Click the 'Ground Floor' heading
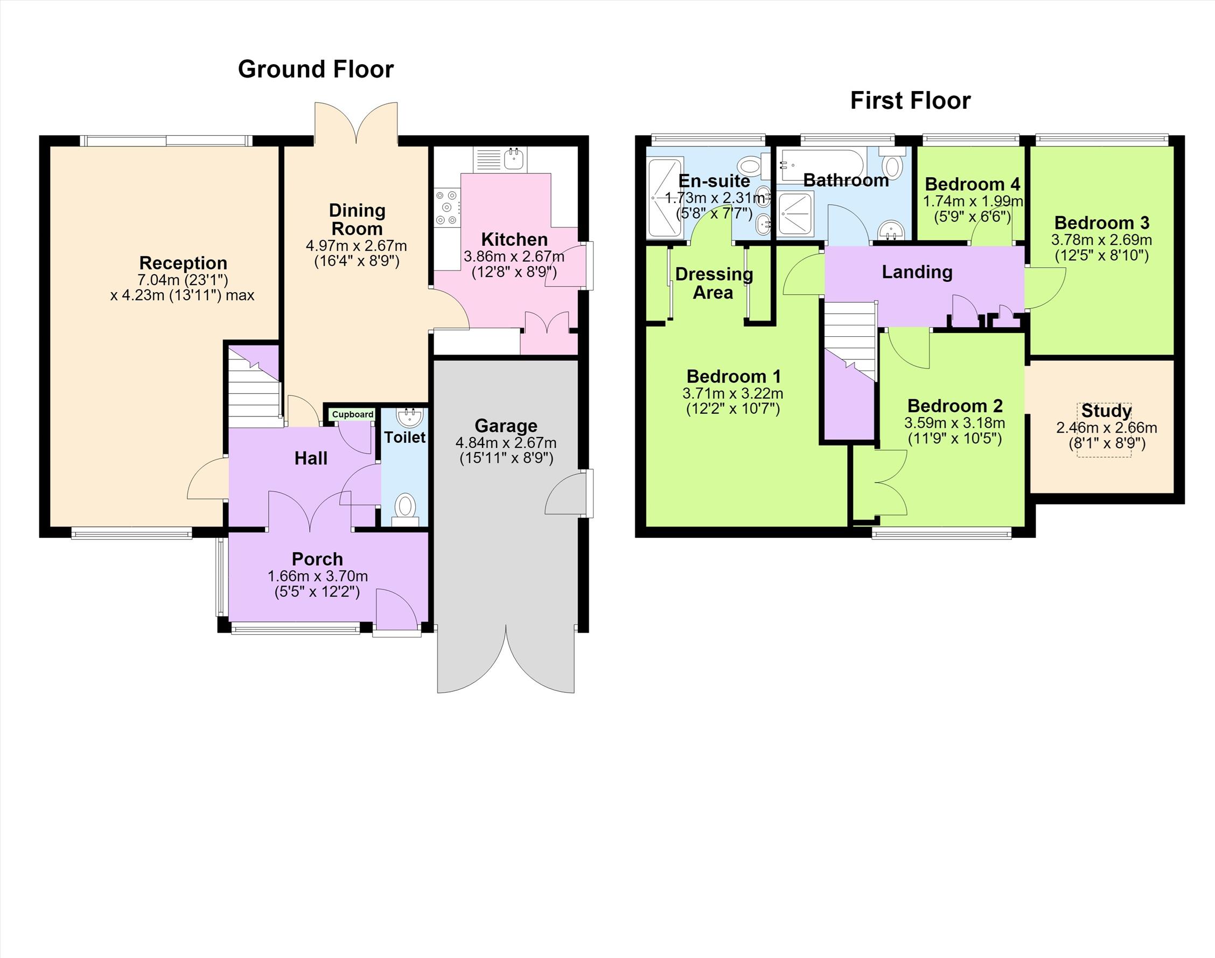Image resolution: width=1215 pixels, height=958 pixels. pyautogui.click(x=316, y=70)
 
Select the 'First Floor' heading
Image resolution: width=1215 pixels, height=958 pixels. pyautogui.click(x=910, y=101)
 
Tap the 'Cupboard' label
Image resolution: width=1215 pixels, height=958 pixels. pyautogui.click(x=353, y=414)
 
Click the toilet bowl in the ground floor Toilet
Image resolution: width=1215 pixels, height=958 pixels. pyautogui.click(x=404, y=509)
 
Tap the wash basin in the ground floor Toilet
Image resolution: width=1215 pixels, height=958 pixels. pyautogui.click(x=409, y=417)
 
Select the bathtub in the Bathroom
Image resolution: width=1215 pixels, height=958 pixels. pyautogui.click(x=821, y=165)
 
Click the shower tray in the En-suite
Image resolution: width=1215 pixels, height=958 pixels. pyautogui.click(x=666, y=197)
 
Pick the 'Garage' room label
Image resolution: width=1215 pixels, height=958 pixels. pyautogui.click(x=506, y=426)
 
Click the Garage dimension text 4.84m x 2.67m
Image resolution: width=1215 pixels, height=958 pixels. pyautogui.click(x=506, y=442)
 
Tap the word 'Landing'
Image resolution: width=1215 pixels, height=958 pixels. pyautogui.click(x=917, y=272)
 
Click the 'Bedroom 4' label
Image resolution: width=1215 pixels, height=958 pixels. pyautogui.click(x=972, y=184)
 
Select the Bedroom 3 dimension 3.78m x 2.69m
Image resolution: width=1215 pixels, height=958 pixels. pyautogui.click(x=1102, y=240)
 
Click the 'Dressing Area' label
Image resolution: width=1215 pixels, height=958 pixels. pyautogui.click(x=714, y=283)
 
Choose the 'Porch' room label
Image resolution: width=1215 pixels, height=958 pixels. pyautogui.click(x=317, y=559)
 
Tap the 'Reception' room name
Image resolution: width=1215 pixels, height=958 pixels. pyautogui.click(x=183, y=263)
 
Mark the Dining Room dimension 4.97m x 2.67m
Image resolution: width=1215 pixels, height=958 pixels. pyautogui.click(x=357, y=246)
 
